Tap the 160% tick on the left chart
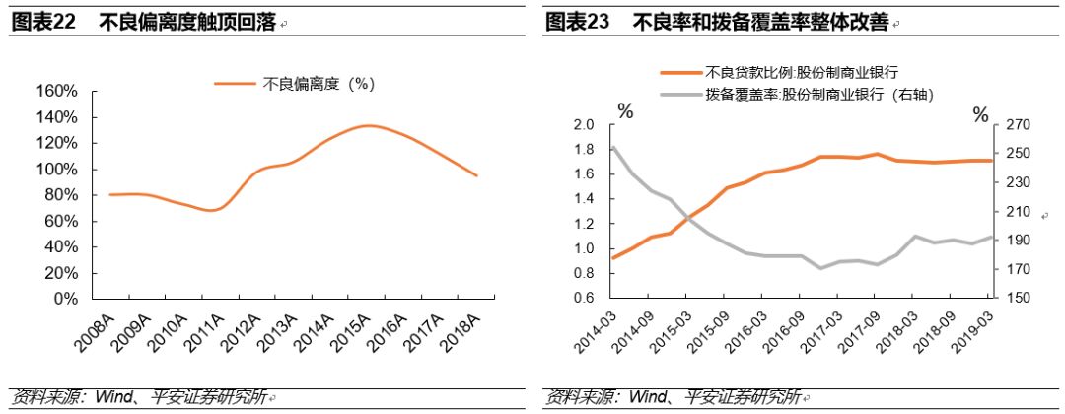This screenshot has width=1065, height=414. pos(57,91)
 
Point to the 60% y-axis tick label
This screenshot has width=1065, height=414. pos(61,221)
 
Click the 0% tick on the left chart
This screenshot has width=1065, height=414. pos(65,299)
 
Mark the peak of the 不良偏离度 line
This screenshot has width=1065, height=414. pos(367,125)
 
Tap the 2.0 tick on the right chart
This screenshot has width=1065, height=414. pos(584,125)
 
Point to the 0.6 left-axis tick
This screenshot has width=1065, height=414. pos(584,299)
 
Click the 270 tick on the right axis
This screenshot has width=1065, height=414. pos(1017,125)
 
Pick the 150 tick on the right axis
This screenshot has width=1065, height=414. pos(1017,299)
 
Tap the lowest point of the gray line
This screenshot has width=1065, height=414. pos(819,268)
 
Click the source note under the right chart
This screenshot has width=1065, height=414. pos(672,397)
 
